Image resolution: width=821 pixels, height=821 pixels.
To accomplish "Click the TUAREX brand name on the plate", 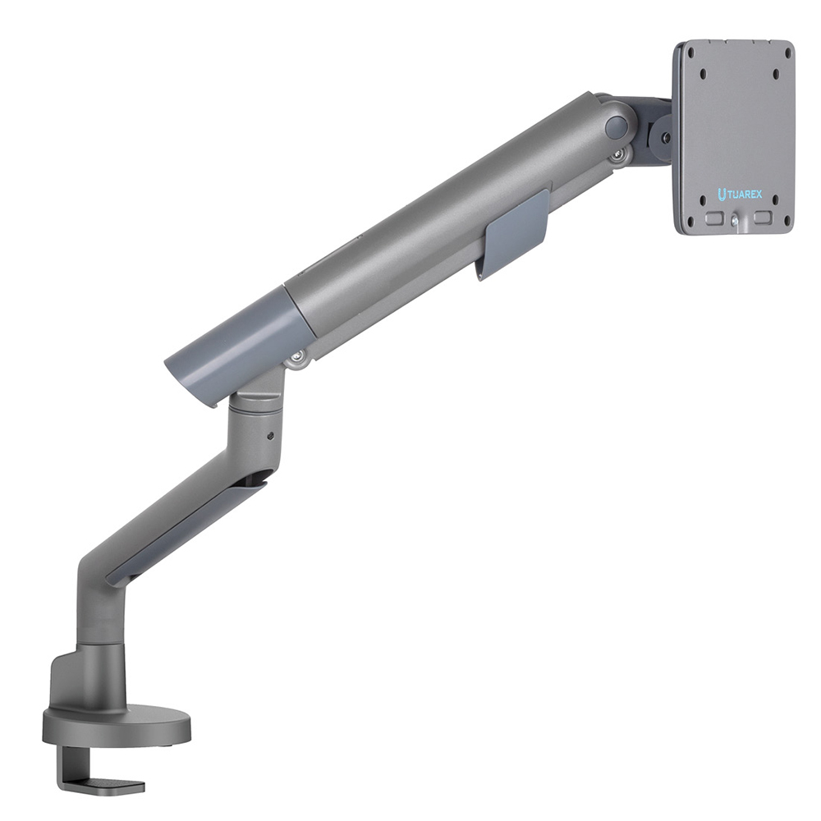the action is point(744,195).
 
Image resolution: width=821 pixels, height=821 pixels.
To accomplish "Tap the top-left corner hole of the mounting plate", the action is point(690,53).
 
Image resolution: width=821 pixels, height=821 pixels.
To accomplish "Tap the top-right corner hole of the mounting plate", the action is point(786,53).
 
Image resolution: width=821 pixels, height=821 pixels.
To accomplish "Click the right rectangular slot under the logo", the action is point(764,217).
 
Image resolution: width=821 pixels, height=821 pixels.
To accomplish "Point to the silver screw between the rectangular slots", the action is point(735,222).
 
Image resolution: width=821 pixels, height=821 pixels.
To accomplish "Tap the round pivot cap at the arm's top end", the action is point(616,127).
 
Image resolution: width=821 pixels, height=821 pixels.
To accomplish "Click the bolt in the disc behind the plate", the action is point(666,138).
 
